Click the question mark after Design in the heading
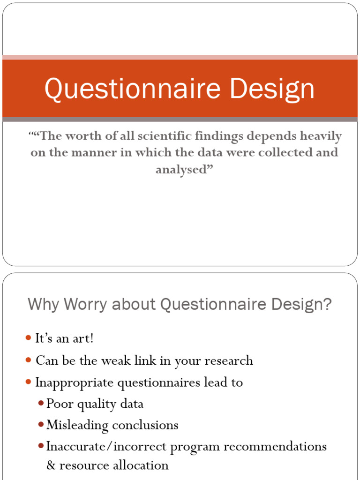tap(327, 305)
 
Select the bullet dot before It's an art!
tap(28, 338)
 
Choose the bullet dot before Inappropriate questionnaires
tap(28, 382)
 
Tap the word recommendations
tap(275, 447)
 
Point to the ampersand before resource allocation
tap(51, 465)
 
